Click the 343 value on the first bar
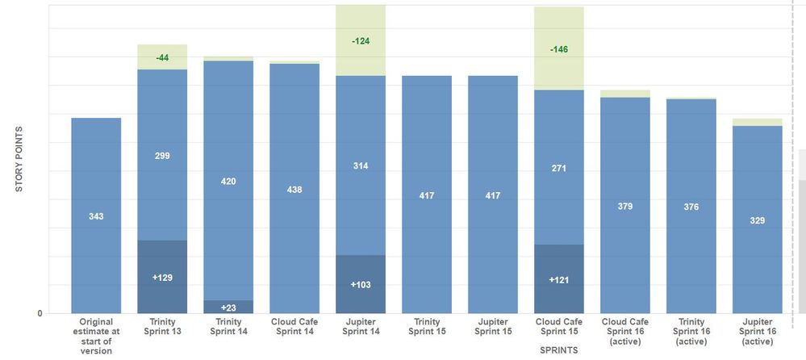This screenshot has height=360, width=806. [x=96, y=216]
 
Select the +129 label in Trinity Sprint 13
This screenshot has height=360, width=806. [x=162, y=278]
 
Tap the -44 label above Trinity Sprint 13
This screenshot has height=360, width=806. [x=162, y=57]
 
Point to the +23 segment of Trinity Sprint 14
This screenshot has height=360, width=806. [x=228, y=307]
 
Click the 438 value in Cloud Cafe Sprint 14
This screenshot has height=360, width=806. [x=294, y=190]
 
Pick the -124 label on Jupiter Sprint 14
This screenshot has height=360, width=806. [x=361, y=40]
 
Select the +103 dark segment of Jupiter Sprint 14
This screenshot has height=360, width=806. [x=361, y=285]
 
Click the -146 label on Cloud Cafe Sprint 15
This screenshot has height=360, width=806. [x=559, y=49]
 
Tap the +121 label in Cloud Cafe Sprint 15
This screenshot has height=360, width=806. [x=559, y=279]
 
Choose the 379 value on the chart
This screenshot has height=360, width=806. [x=625, y=206]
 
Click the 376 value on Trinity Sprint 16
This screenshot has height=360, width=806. [x=691, y=207]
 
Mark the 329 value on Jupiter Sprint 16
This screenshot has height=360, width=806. [x=758, y=220]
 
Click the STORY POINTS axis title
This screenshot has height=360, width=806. [x=19, y=159]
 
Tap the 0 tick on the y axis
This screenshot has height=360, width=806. [x=40, y=313]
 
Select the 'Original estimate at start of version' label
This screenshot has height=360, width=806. [x=96, y=336]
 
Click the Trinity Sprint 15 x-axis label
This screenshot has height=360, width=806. [x=427, y=326]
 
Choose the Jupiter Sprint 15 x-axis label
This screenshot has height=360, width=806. [x=493, y=326]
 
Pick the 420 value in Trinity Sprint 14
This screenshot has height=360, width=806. [x=228, y=182]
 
